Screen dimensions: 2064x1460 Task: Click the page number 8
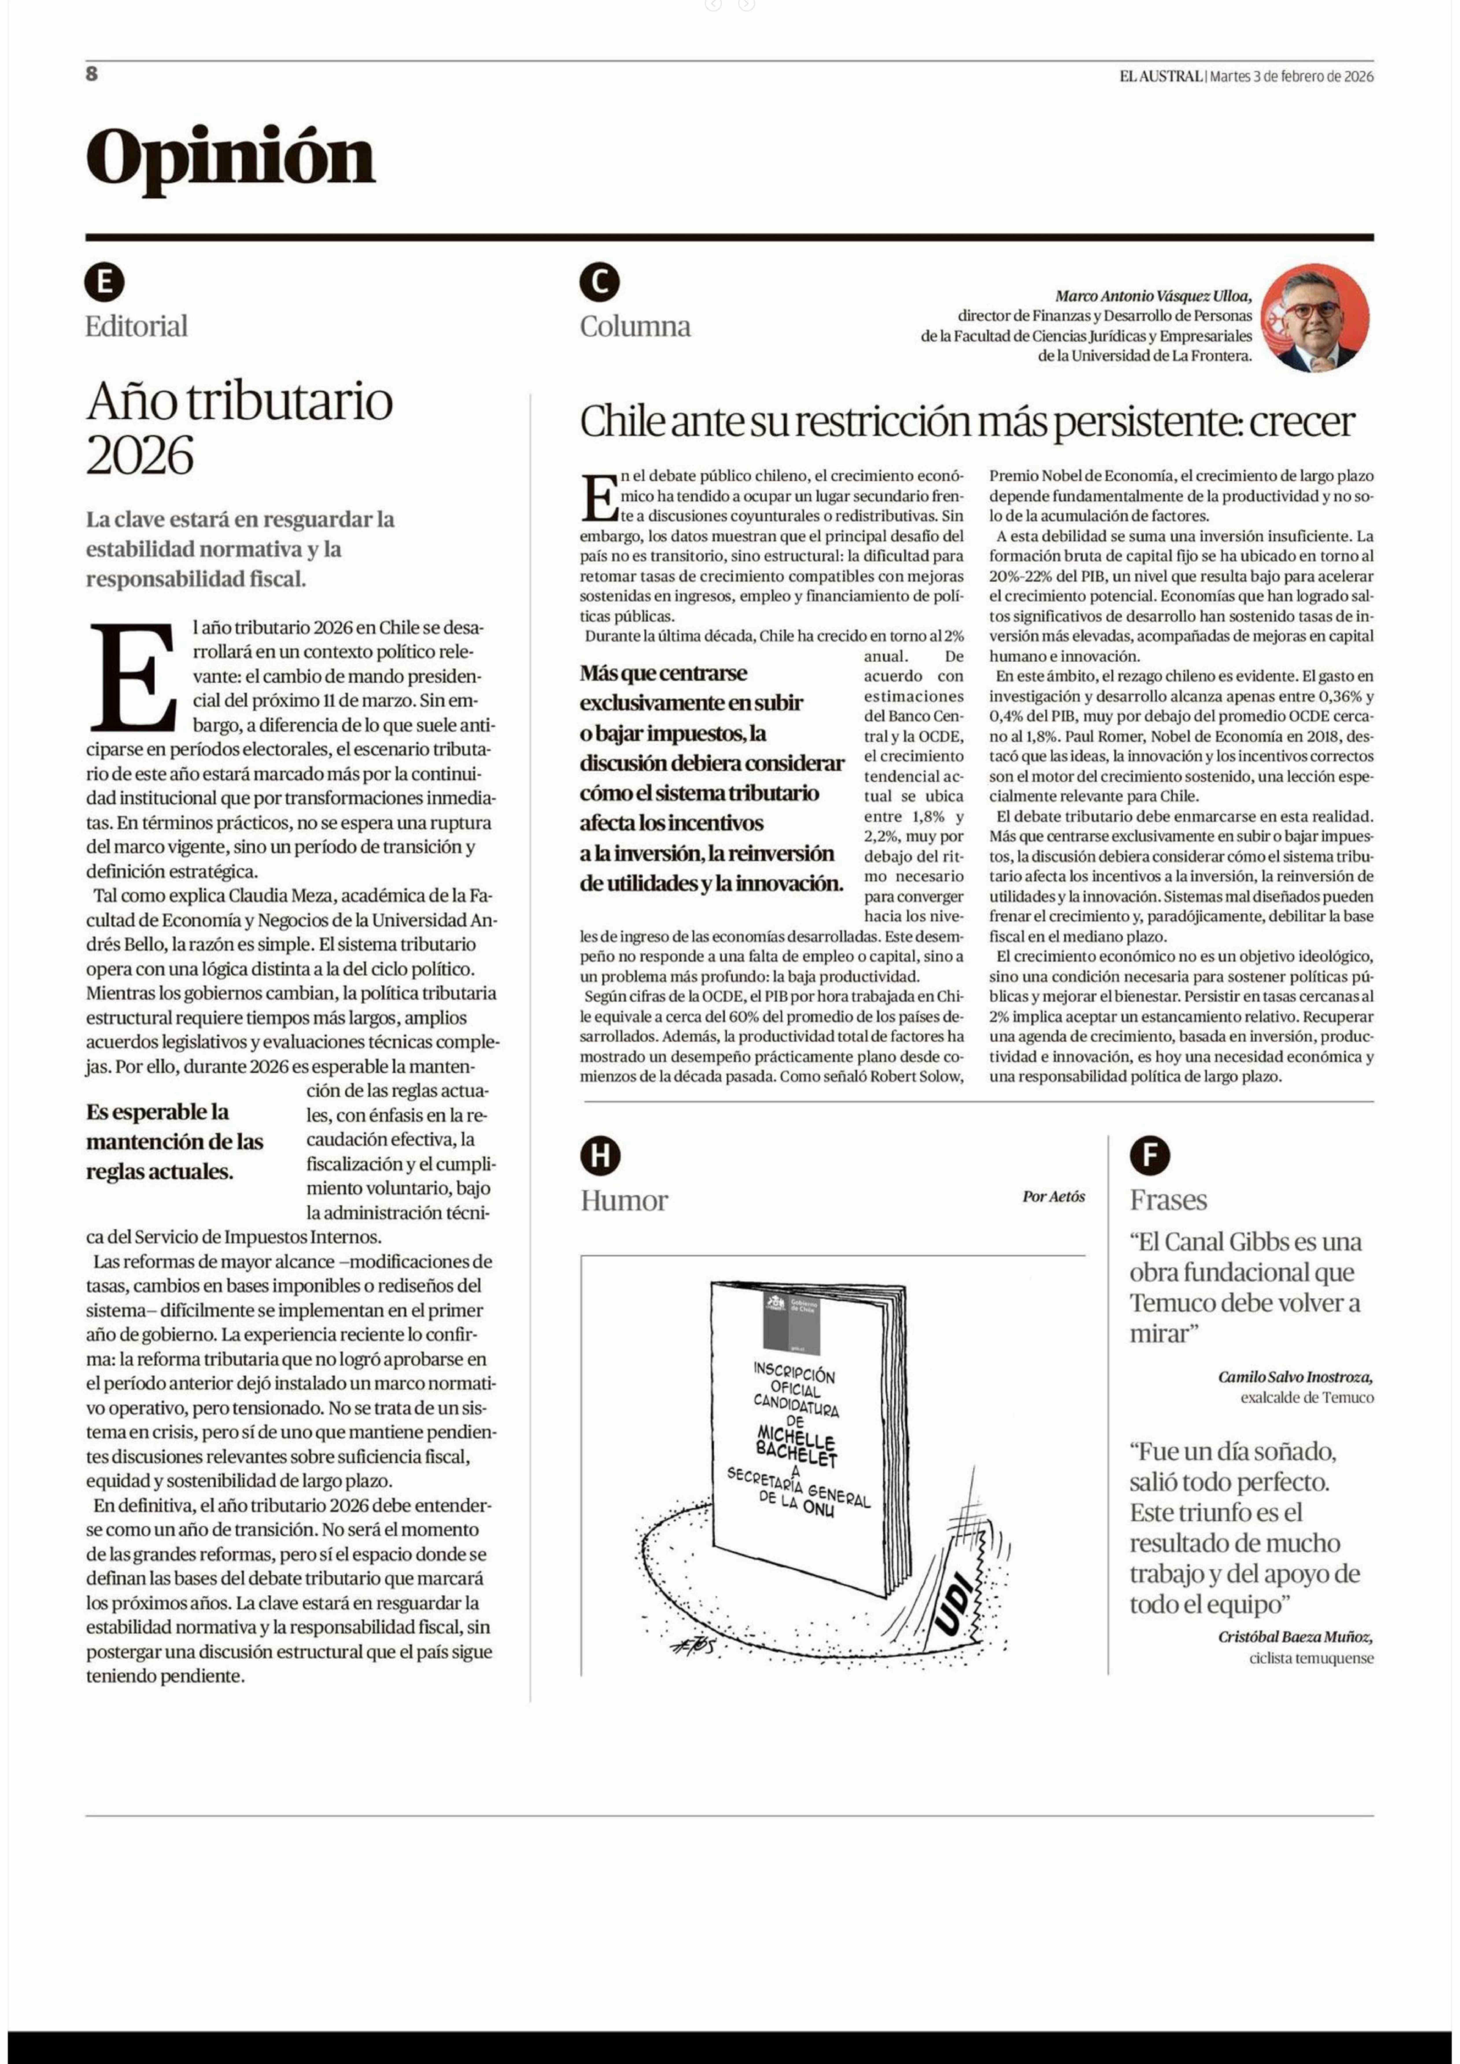click(x=92, y=75)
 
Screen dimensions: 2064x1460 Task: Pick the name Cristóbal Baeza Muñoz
click(x=1295, y=1637)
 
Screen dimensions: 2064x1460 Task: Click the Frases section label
click(x=1168, y=1200)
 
